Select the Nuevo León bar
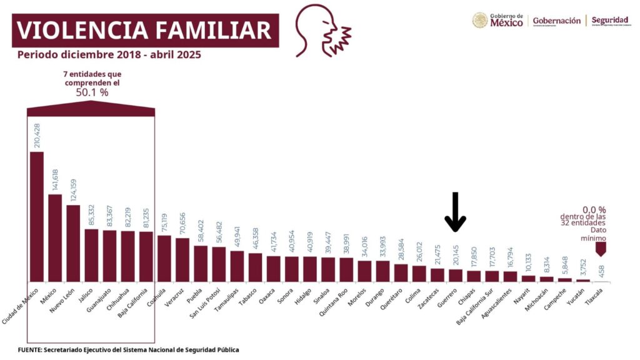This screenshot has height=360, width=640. [73, 243]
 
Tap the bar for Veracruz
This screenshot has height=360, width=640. [182, 259]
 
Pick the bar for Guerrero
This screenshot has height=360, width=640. [456, 275]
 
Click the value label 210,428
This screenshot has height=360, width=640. [37, 135]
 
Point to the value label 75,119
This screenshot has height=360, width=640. [164, 223]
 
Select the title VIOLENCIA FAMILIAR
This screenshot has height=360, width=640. [144, 30]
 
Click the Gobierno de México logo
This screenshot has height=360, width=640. [497, 21]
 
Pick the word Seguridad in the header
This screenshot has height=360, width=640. [609, 21]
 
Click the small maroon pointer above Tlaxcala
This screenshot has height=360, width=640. [601, 249]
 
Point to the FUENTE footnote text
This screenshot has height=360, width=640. [128, 350]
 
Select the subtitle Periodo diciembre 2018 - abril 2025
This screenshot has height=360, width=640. [109, 55]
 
